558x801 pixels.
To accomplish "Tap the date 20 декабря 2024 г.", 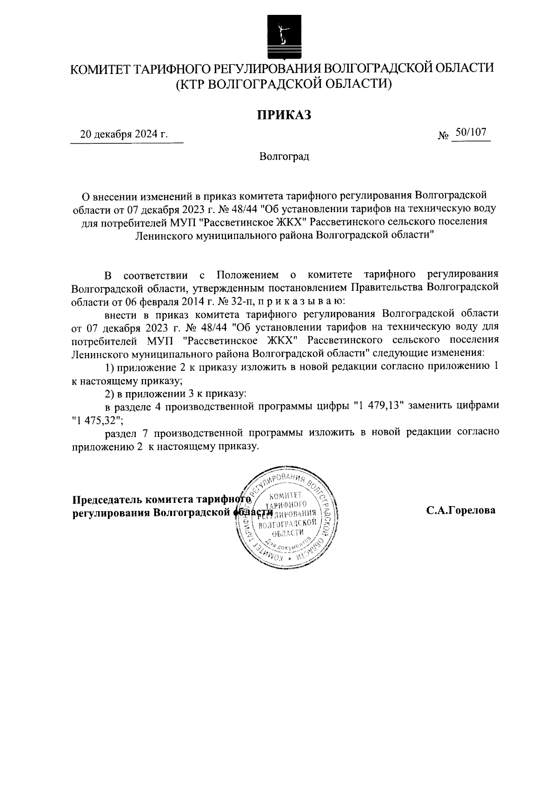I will point(124,135).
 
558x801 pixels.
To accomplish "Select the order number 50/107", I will point(471,133).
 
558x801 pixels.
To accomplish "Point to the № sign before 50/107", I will point(443,136).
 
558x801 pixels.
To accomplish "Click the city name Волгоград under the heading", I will point(284,157).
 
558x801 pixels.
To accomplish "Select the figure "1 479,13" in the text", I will point(381,406).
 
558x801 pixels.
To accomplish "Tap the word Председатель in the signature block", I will point(108,500).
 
